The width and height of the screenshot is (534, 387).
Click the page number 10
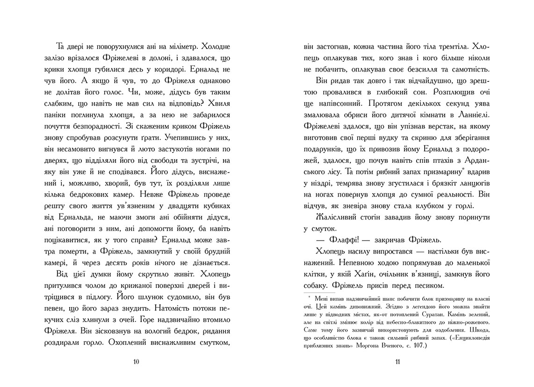(x=136, y=361)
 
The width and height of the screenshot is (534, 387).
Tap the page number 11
(x=397, y=361)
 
